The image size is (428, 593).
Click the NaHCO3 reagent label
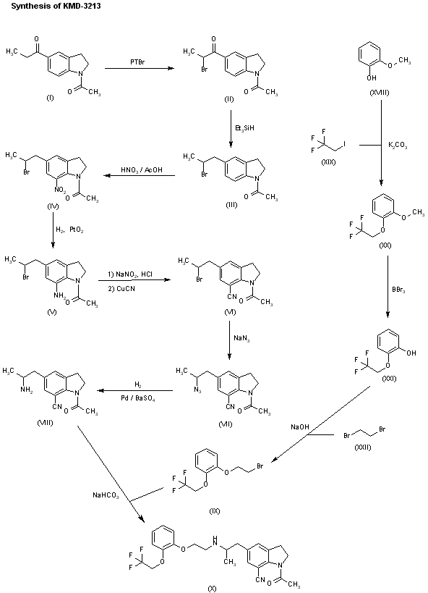(107, 495)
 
